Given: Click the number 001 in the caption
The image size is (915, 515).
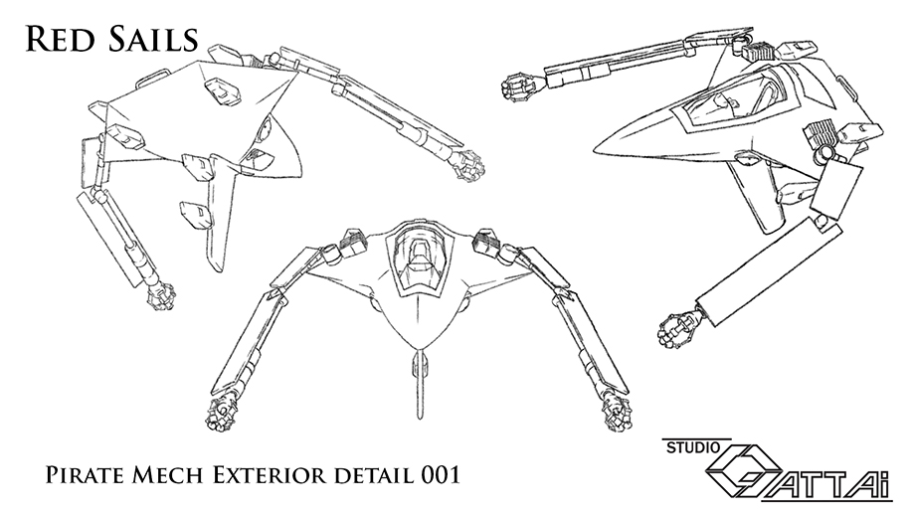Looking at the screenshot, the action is tap(440, 475).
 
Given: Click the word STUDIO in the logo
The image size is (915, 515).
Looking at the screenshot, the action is tap(693, 448).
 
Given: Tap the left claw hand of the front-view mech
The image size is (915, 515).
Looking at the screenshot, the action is tap(220, 415).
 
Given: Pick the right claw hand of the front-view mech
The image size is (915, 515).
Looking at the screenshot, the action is tap(619, 415).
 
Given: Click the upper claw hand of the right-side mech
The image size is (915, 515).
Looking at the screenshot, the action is tap(519, 86).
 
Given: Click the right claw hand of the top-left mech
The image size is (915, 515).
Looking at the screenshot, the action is tap(468, 165).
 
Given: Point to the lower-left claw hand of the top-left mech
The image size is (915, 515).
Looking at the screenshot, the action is tap(161, 296).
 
